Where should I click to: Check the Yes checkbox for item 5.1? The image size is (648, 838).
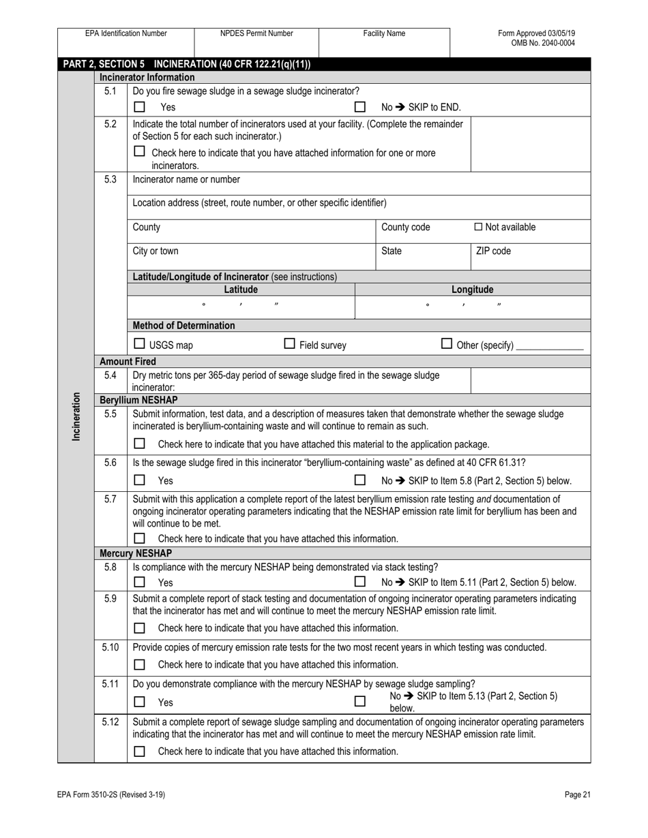tap(140, 107)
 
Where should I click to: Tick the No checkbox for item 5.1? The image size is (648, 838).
tap(360, 107)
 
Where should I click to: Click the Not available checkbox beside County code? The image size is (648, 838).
tap(478, 227)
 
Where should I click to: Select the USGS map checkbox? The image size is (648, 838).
tap(139, 344)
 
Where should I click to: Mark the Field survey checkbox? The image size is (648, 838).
tap(289, 344)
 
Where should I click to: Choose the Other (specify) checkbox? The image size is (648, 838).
tap(447, 344)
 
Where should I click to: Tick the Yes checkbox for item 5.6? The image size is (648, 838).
tap(140, 480)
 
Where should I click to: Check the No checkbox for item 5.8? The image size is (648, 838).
tap(360, 582)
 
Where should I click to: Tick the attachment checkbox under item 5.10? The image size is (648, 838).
tap(140, 664)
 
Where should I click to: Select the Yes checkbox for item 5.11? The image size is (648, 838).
tap(140, 701)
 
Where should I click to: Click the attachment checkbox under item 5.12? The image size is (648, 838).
tap(140, 751)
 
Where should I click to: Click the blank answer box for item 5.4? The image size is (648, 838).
tap(530, 381)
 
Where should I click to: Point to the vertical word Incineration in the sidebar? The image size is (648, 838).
tap(76, 416)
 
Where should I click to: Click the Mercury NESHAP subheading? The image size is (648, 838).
tap(136, 553)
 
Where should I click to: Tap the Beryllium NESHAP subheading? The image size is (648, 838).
tap(138, 400)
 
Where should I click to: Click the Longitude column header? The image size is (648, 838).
tap(472, 290)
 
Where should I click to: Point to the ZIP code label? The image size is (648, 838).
tap(492, 251)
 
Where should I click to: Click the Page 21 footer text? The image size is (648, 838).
tap(577, 794)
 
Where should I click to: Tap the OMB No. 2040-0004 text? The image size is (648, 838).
tap(543, 43)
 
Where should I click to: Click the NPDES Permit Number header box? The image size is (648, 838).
tap(256, 33)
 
